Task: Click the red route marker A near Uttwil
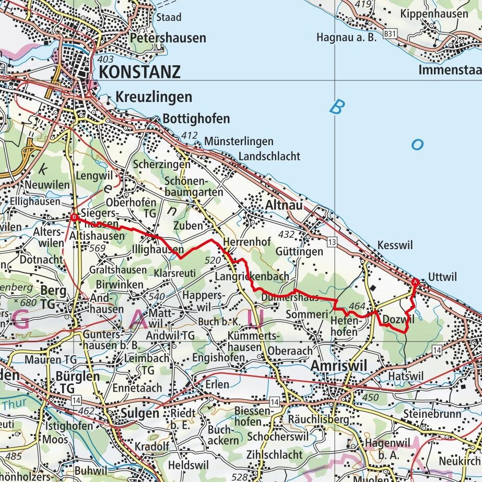(416, 283)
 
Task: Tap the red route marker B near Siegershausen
(74, 217)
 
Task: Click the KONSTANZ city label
(139, 72)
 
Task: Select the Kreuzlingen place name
(154, 97)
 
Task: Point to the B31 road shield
(389, 33)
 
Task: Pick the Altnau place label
(284, 206)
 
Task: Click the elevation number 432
(286, 235)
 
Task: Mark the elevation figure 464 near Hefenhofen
(357, 306)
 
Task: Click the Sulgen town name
(139, 413)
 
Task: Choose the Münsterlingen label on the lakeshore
(239, 142)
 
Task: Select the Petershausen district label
(168, 38)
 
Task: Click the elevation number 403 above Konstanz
(105, 60)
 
